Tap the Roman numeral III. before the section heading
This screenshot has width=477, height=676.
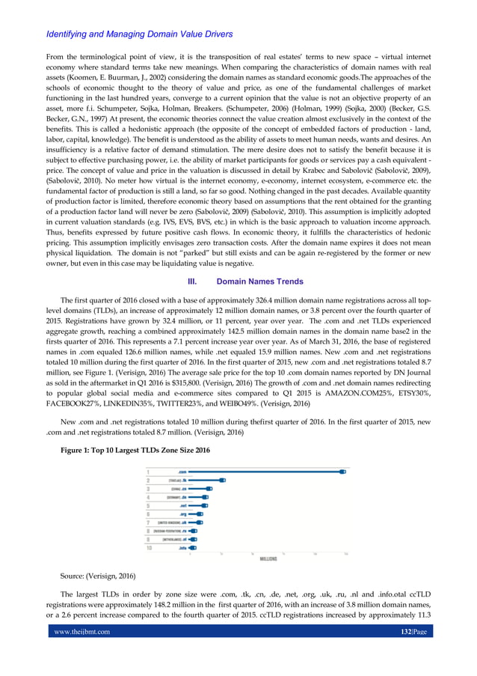point(192,281)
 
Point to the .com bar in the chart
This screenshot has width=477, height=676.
point(265,472)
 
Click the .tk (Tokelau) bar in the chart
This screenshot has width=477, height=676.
point(206,480)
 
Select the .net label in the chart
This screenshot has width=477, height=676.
point(182,505)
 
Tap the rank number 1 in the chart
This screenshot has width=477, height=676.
point(148,472)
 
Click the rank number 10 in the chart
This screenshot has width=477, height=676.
point(149,547)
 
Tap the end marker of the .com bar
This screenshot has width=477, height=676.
point(342,472)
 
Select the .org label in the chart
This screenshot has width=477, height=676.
point(182,514)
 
